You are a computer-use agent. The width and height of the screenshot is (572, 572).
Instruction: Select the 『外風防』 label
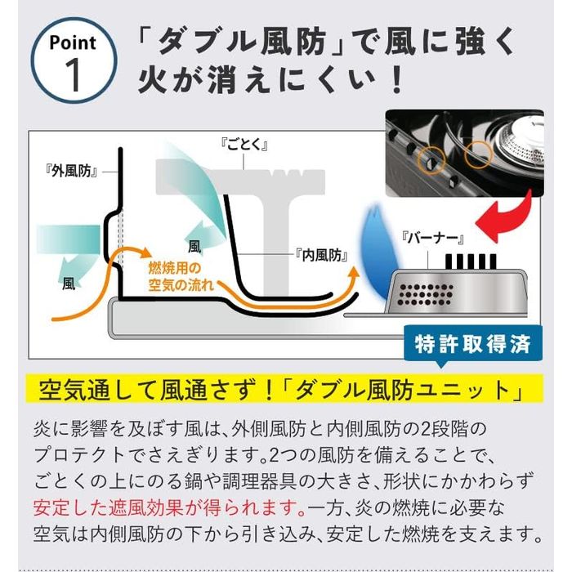coord(72,171)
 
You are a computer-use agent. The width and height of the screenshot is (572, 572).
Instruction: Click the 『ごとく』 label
coord(244,145)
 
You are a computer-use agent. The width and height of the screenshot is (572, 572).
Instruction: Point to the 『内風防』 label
coord(322,255)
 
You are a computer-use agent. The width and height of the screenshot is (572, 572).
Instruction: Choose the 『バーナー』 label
coord(432,239)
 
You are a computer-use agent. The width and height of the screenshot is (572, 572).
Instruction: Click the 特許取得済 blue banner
coord(473,344)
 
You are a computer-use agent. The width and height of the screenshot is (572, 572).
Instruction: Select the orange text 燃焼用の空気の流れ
coord(181,277)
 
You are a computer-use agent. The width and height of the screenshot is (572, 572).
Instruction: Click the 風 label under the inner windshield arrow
coord(194,248)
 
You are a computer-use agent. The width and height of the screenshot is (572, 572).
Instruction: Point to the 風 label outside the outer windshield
coord(69,284)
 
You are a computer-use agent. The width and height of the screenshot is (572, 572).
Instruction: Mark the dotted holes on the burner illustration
coord(426,294)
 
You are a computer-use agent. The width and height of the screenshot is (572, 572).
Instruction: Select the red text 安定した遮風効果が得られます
coord(169,507)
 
